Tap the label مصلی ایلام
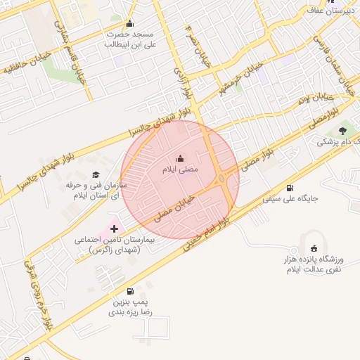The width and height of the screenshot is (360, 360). tap(181, 169)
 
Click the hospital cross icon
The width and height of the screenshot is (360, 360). tap(114, 229)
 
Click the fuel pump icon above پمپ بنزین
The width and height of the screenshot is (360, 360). tap(130, 291)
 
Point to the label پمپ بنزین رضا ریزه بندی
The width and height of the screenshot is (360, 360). tap(133, 307)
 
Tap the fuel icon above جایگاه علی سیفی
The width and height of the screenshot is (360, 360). tap(290, 188)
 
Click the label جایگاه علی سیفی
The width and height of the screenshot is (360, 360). tap(291, 199)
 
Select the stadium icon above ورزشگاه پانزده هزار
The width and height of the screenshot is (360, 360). tap(314, 248)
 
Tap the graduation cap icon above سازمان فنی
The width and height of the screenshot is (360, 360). tap(96, 174)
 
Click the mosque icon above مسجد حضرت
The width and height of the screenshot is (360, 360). tap(129, 23)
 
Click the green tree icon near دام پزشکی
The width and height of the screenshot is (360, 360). tap(342, 130)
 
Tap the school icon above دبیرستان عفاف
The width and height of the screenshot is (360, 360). tap(314, 2)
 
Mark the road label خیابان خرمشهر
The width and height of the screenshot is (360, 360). tap(243, 78)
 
